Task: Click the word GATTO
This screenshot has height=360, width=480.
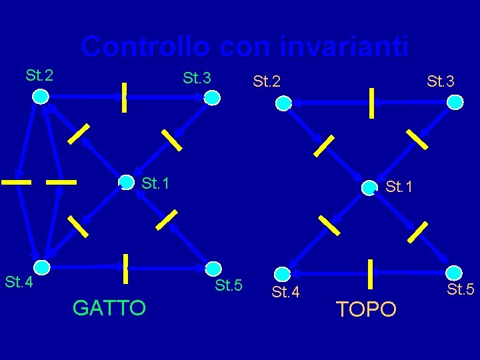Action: [109, 308]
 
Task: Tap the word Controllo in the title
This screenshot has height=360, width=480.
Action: [145, 47]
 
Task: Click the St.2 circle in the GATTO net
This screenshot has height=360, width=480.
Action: [41, 97]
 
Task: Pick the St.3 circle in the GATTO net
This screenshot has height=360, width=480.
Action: [212, 98]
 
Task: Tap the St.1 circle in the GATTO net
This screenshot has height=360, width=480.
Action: [126, 182]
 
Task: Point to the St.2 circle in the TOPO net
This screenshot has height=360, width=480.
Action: [283, 103]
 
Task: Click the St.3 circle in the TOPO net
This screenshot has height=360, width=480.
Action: [455, 102]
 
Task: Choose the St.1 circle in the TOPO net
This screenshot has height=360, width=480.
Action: [369, 188]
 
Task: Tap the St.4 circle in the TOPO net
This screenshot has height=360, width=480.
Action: [283, 273]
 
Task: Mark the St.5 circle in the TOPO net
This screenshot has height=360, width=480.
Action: [454, 273]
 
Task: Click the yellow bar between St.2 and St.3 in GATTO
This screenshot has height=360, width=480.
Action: [123, 97]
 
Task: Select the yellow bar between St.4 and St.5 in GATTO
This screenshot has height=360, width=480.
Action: [125, 268]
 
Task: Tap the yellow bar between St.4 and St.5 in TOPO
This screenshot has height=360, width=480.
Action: [369, 273]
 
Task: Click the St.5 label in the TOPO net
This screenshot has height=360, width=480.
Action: [460, 289]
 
